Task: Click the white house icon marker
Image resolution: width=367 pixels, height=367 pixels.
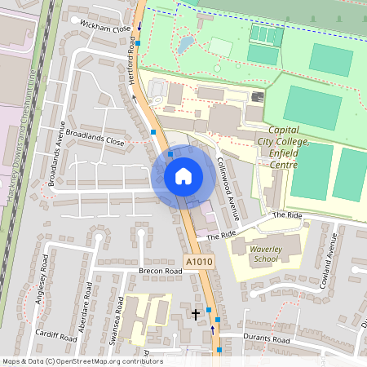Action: tap(183, 175)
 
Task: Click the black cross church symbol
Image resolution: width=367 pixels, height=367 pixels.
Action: tap(196, 312)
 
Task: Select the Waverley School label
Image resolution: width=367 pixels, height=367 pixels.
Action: tap(266, 254)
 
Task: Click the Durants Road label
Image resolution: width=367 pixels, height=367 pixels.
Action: tap(268, 339)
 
